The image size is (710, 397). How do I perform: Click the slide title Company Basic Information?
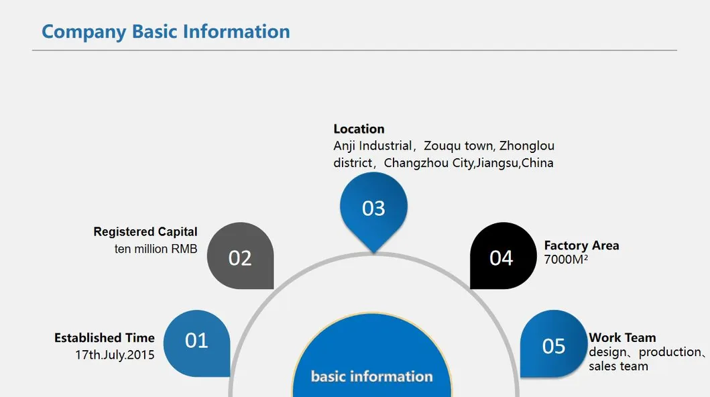[x=166, y=32]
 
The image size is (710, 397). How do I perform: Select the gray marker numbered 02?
[x=241, y=256]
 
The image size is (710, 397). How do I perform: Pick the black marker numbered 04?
[x=503, y=256]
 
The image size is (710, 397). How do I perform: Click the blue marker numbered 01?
[x=196, y=343]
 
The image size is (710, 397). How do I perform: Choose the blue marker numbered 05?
[x=554, y=343]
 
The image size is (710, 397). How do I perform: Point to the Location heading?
[x=359, y=129]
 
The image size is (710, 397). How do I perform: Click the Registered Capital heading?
[x=145, y=232]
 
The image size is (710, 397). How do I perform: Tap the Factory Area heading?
[x=581, y=245]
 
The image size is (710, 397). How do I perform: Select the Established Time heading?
[x=105, y=338]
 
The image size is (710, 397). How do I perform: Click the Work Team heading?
[x=622, y=338]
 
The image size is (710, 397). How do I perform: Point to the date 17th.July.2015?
[x=115, y=355]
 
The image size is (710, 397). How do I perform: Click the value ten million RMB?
[x=156, y=249]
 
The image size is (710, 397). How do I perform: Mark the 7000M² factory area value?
[x=566, y=260]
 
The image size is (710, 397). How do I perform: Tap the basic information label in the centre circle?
[x=371, y=377]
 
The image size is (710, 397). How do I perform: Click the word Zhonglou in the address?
[x=527, y=146]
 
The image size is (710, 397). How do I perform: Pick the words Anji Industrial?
[x=372, y=146]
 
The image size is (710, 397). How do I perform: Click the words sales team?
[x=618, y=366]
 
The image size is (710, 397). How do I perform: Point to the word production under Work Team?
[x=670, y=352]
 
